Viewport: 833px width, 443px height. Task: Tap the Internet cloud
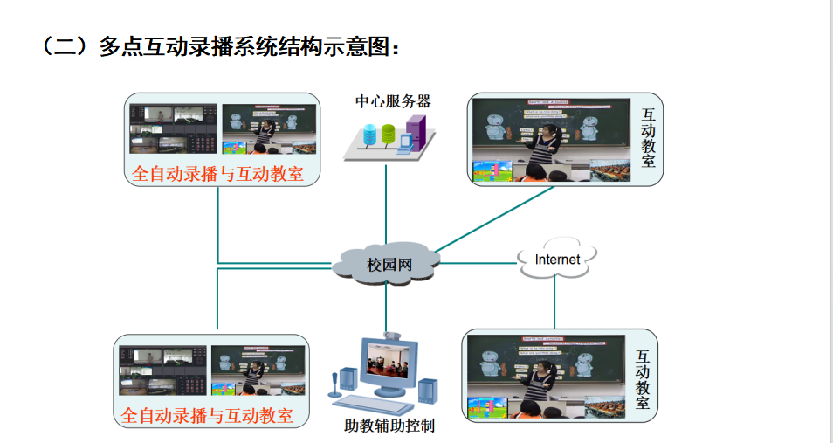(x=557, y=260)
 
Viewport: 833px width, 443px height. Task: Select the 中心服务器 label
(x=393, y=101)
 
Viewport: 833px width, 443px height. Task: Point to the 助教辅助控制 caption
(x=389, y=426)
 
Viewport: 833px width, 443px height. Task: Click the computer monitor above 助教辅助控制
(x=388, y=367)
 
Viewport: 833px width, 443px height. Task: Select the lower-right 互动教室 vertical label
(x=642, y=379)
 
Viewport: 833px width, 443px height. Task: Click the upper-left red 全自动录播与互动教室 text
(x=217, y=174)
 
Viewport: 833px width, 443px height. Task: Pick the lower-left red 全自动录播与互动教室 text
(x=207, y=414)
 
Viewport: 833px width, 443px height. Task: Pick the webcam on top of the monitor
(x=392, y=336)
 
